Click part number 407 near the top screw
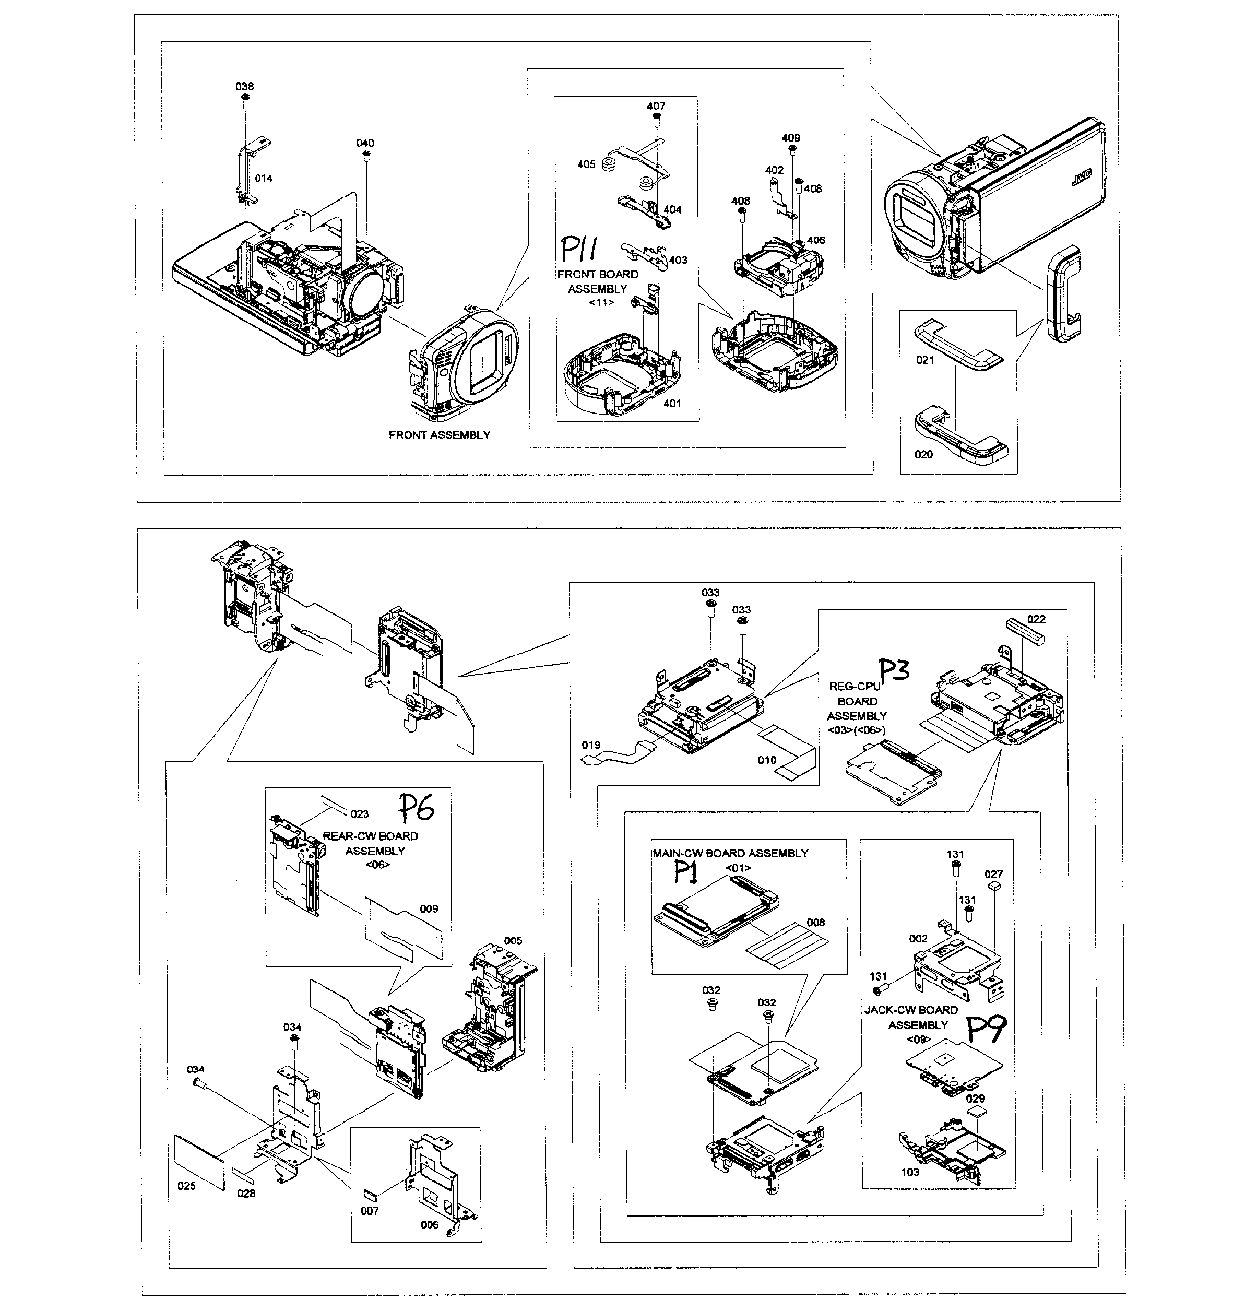click(x=656, y=106)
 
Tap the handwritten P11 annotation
click(x=579, y=250)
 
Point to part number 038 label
click(x=244, y=87)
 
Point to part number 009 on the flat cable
click(x=429, y=909)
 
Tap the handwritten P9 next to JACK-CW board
click(x=986, y=1029)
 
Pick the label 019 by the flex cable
click(x=591, y=745)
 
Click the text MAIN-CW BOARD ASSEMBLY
click(x=730, y=853)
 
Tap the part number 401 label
click(x=672, y=403)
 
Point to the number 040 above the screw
click(x=365, y=143)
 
